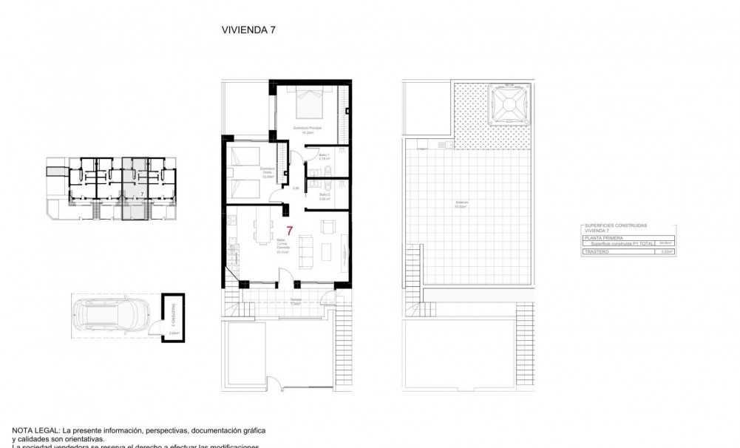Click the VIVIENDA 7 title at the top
click(x=248, y=30)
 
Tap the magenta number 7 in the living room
click(x=290, y=231)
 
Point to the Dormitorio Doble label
click(x=267, y=174)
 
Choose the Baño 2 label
click(x=323, y=197)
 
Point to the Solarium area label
click(x=461, y=206)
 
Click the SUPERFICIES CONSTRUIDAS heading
click(x=615, y=225)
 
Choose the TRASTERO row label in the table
click(x=596, y=252)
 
